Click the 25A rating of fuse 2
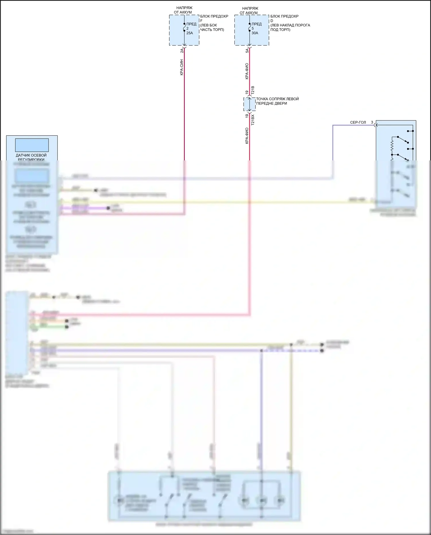click(190, 33)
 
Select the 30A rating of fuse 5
click(255, 33)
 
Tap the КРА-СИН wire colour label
click(182, 67)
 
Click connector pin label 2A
click(182, 51)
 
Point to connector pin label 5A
click(247, 51)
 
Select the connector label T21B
click(253, 90)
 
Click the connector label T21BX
click(253, 120)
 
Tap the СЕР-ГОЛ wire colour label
click(358, 122)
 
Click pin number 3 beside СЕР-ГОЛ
click(372, 122)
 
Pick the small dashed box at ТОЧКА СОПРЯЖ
click(249, 104)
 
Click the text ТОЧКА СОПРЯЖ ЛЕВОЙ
click(277, 99)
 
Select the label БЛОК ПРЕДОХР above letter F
click(214, 16)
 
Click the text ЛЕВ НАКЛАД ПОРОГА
click(290, 25)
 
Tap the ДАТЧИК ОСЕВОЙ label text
click(31, 155)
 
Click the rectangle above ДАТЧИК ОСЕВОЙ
click(32, 145)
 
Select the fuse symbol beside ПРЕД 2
click(184, 27)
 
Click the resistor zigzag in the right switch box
click(392, 147)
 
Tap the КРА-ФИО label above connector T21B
click(247, 71)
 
